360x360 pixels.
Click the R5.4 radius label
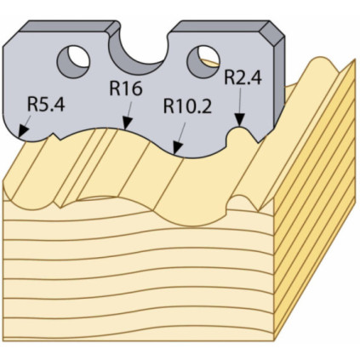coord(46,104)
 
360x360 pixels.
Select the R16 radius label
coord(126,89)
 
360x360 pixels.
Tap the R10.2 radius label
coord(187,106)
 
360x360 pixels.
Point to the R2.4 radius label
coord(243,77)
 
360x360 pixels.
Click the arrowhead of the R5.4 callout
coord(23,131)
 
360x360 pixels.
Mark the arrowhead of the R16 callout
coord(127,123)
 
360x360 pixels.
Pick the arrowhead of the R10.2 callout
coord(177,148)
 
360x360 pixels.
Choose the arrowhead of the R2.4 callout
coord(240,120)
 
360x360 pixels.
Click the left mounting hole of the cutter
coord(73,61)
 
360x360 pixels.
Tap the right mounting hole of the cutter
coord(203,61)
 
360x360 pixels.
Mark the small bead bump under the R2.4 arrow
coord(238,134)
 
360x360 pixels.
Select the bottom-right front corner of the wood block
coord(274,340)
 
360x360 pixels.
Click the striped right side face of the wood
coord(314,198)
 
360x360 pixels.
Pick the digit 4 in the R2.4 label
coord(255,77)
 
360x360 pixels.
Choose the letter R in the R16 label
coord(115,89)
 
